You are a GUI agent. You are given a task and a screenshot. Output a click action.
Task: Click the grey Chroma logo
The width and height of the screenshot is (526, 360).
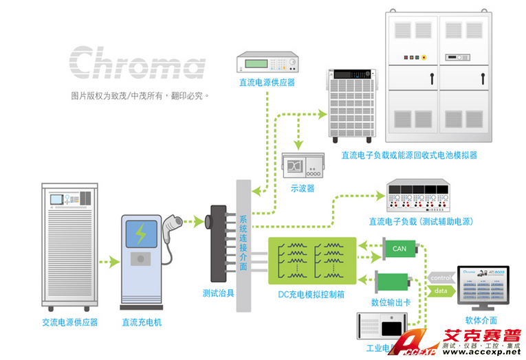tap(138, 63)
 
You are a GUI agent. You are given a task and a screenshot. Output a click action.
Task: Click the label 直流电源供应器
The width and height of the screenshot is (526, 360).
tap(267, 82)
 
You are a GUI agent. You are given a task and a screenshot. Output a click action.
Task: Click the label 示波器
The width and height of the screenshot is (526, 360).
tap(302, 188)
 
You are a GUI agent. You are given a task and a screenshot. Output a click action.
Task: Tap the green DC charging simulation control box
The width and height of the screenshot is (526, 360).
tap(312, 262)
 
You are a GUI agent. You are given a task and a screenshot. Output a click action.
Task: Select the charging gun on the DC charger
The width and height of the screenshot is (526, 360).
tap(173, 226)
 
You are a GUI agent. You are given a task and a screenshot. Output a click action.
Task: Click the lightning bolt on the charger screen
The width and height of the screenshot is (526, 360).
tap(141, 234)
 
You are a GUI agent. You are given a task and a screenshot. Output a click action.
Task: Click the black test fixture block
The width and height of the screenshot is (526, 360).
tap(219, 242)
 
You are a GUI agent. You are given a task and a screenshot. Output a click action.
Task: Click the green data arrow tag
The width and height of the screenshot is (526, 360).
tap(441, 291)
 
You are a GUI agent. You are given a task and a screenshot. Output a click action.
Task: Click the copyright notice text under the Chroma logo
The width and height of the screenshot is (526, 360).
tap(140, 95)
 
